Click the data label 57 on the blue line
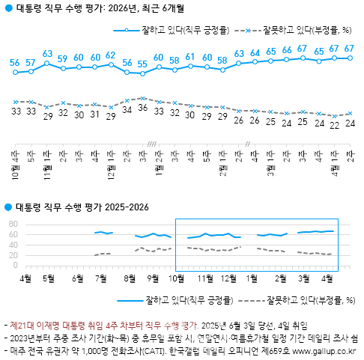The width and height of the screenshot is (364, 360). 30,62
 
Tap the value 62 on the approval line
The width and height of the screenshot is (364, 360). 111,55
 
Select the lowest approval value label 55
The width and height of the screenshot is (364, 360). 142,64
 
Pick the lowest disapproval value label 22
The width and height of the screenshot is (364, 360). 334,124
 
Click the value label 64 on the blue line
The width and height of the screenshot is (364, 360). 255,53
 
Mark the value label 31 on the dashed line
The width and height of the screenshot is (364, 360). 94,115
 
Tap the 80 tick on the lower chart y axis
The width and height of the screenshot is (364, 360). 13,224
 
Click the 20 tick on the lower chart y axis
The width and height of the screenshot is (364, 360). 13,254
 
